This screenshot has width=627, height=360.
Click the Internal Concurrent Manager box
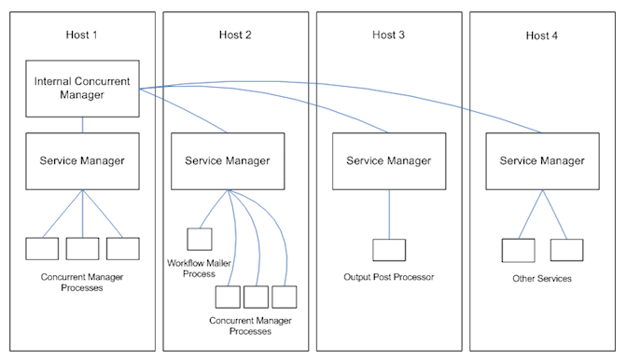82,90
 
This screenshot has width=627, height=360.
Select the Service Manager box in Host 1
82,161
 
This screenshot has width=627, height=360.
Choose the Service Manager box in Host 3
389,161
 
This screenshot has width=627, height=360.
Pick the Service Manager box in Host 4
542,161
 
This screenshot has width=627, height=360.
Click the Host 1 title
83,35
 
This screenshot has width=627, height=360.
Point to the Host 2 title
236,35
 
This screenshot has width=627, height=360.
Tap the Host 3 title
389,35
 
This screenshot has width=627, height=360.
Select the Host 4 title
542,35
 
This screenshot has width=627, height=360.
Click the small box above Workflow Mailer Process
200,239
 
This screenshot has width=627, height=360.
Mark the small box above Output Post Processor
389,250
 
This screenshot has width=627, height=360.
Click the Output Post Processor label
389,278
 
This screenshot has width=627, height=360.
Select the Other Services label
542,278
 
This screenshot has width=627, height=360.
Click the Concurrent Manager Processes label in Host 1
83,283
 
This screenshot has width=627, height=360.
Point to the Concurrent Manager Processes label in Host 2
251,325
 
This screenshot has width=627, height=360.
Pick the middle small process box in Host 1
82,249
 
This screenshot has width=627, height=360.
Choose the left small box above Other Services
518,250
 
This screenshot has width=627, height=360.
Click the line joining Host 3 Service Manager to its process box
389,215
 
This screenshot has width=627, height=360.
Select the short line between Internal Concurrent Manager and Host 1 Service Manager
82,125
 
